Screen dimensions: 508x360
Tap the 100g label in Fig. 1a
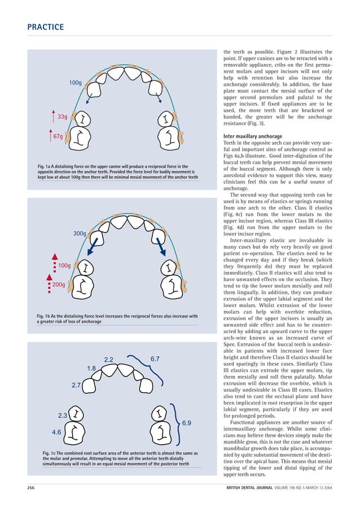click(76, 83)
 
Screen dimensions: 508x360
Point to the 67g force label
click(58, 137)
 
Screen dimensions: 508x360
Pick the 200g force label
click(59, 285)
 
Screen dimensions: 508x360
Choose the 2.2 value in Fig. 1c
click(109, 360)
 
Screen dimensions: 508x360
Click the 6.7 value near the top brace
click(156, 359)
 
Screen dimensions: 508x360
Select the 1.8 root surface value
click(91, 369)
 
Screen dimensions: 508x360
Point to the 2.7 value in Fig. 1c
click(77, 386)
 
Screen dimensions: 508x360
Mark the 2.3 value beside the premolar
click(63, 416)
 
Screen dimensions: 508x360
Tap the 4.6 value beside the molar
click(56, 432)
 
